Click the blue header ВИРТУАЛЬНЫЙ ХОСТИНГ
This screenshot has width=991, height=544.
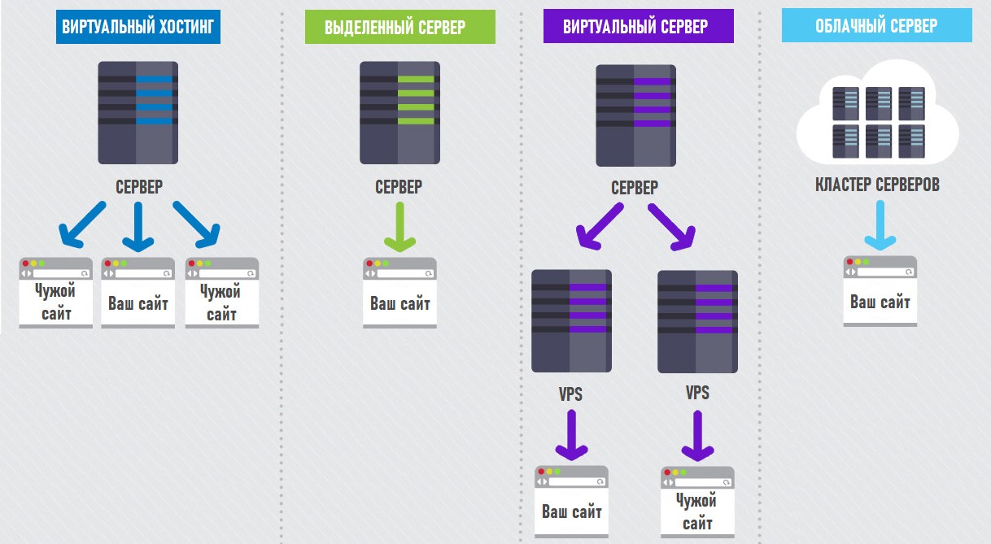tap(138, 27)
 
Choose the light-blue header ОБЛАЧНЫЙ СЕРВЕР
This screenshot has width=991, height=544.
tap(876, 25)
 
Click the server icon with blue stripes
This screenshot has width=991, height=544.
tap(136, 112)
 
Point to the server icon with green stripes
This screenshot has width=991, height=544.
tap(399, 112)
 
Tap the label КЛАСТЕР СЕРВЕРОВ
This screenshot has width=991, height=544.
tap(877, 185)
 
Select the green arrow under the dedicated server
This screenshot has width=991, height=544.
tap(399, 227)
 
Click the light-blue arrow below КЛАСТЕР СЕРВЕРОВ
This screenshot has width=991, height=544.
tap(880, 227)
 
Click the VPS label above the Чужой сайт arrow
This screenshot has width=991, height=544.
tap(697, 394)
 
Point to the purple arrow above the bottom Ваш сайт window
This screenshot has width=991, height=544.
tap(572, 436)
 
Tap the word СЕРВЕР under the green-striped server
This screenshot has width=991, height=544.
tap(399, 187)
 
